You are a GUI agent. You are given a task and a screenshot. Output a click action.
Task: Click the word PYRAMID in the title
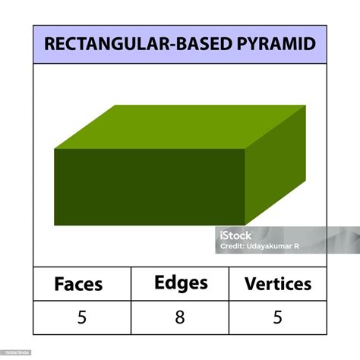(276, 44)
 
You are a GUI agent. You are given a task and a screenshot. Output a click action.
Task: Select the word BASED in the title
(204, 44)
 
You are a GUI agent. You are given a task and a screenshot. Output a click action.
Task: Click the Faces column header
(78, 284)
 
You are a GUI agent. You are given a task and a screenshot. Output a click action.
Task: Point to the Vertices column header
(278, 284)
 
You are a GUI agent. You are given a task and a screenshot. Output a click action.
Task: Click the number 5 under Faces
(82, 317)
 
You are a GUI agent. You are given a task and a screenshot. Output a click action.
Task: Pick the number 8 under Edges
(180, 317)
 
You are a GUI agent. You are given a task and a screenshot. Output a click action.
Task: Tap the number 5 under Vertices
(278, 317)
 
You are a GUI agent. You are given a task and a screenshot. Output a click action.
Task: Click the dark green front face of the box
(150, 187)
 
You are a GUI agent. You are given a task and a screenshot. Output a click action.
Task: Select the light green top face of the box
(180, 127)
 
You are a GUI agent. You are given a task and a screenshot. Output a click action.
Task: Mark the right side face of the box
(275, 165)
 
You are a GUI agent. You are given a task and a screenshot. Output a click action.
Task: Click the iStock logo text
(235, 235)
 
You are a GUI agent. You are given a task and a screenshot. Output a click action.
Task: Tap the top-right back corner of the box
(305, 106)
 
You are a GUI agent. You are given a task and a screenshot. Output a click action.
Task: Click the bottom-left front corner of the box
(55, 225)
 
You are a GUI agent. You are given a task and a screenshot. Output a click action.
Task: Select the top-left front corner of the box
(55, 149)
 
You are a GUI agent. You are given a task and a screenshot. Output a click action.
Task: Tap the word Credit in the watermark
(232, 246)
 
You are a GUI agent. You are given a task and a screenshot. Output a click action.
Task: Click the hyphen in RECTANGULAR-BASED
(172, 45)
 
